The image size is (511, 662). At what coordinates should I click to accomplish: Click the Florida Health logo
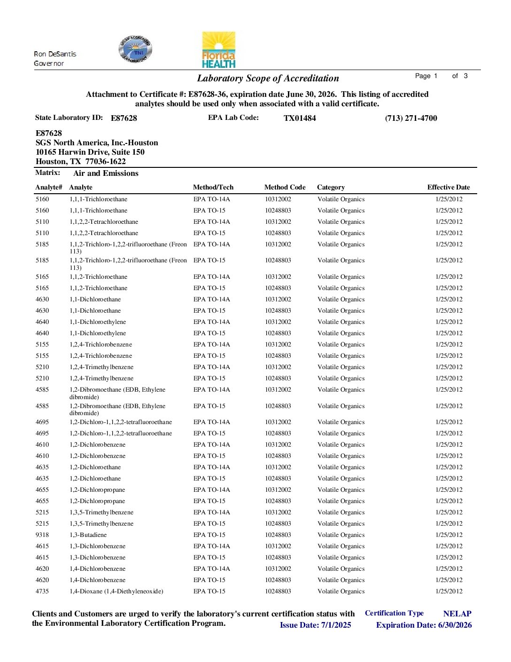[218, 50]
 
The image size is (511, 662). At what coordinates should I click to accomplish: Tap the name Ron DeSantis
[55, 54]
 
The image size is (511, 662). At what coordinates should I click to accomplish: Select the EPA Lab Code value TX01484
[300, 118]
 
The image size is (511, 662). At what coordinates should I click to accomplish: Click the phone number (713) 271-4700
[411, 118]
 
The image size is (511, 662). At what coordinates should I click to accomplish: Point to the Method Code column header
[285, 187]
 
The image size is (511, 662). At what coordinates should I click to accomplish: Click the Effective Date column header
[448, 187]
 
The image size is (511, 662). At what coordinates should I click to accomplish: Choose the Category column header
[331, 187]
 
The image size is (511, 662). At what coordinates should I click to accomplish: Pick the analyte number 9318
[42, 535]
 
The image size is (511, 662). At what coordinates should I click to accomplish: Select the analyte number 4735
[42, 591]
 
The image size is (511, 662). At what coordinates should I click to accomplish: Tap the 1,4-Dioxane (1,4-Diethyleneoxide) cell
[116, 591]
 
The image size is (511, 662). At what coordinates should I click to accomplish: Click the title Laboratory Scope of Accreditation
[268, 79]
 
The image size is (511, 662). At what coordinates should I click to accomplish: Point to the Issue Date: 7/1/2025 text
[315, 625]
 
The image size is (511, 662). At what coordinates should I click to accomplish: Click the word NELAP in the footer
[457, 614]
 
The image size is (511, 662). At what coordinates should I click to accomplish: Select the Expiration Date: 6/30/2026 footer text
[424, 625]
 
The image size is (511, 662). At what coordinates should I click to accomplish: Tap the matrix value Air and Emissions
[106, 173]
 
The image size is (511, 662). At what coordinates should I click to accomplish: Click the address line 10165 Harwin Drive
[90, 152]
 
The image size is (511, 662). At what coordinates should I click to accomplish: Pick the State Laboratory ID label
[69, 118]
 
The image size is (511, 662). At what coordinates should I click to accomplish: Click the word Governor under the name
[49, 63]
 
